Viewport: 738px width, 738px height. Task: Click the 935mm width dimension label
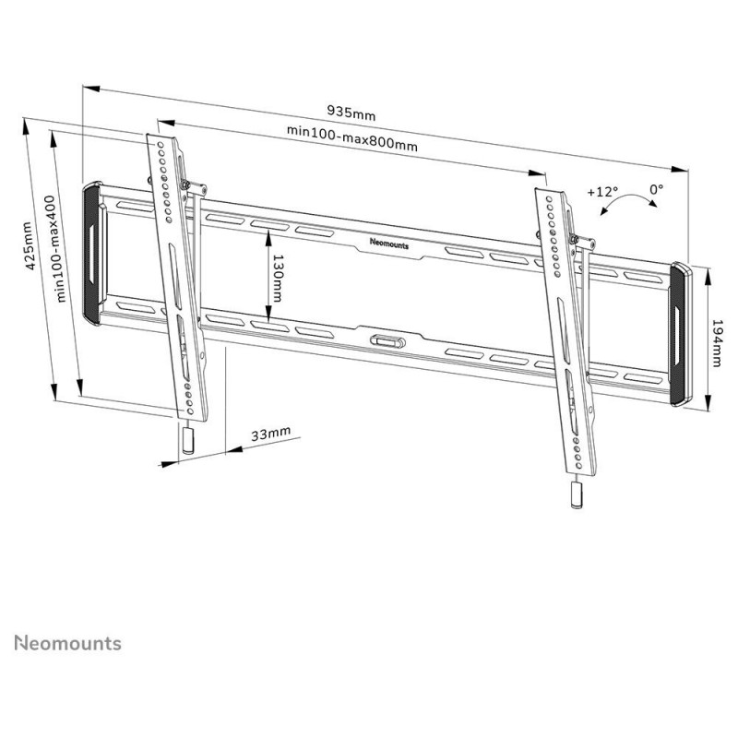pos(351,113)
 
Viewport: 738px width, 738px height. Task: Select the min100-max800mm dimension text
pos(352,137)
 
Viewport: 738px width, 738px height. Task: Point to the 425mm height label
pos(30,245)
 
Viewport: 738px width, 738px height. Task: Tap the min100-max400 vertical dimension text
pos(56,249)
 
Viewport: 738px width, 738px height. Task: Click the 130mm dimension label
pos(278,279)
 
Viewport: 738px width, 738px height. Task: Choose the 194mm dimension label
pos(717,343)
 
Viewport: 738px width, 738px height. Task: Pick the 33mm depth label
pos(270,434)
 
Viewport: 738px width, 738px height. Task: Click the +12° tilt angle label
pos(602,192)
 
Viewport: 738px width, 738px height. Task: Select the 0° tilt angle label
pos(657,189)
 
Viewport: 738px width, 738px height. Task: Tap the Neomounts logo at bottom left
pos(67,643)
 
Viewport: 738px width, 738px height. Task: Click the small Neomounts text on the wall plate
pos(389,244)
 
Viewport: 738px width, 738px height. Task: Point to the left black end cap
pos(92,254)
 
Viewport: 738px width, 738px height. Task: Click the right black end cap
pos(681,334)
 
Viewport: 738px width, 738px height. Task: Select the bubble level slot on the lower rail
pos(387,340)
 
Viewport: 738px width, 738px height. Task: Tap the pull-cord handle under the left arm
pos(188,440)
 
